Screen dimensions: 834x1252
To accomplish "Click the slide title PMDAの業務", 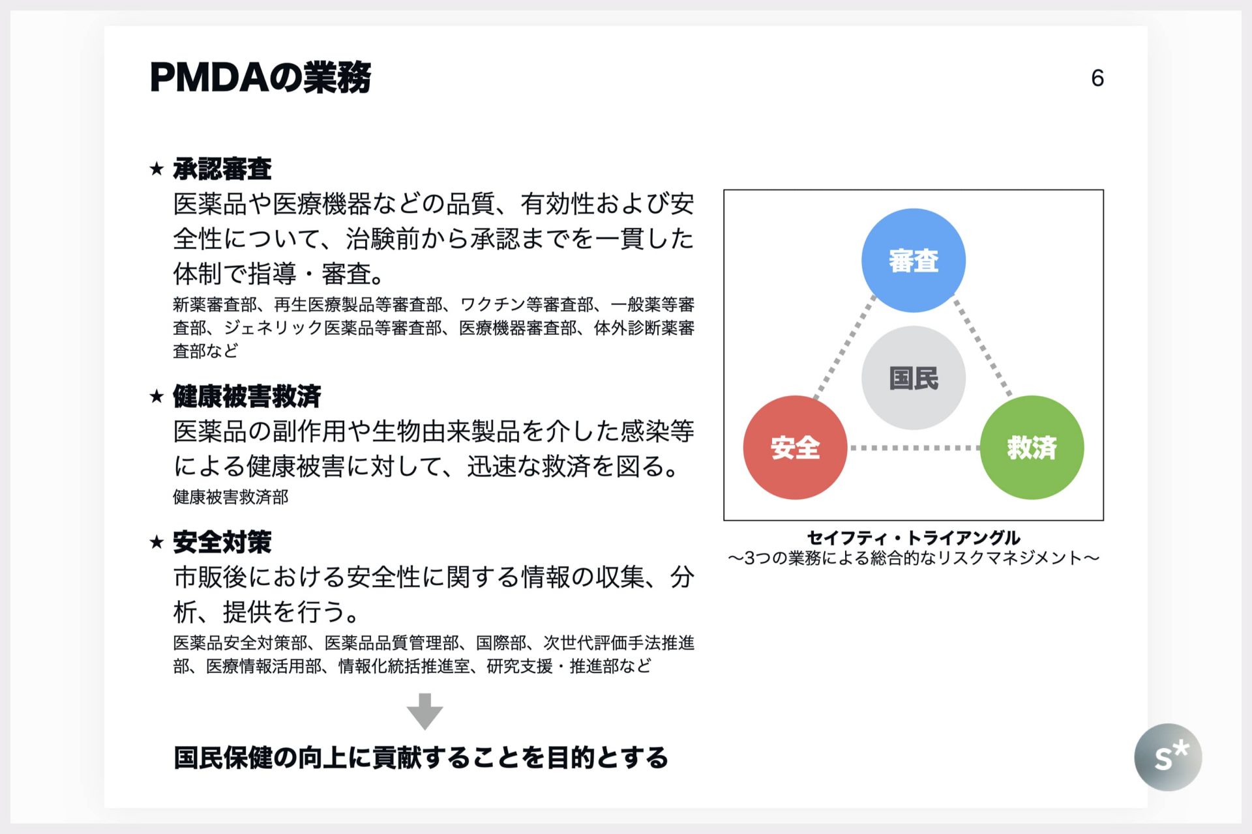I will pos(260,78).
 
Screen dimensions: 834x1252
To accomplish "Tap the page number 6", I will pos(1097,78).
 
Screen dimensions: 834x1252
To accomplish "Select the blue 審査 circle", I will pos(913,260).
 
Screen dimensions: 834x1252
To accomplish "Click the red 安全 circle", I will pos(795,448).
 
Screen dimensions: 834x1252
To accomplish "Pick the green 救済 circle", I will pos(1032,448).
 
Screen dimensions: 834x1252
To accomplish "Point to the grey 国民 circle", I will pos(913,378).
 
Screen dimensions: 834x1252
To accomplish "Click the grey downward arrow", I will pos(425,711).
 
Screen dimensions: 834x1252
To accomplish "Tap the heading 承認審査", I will pos(222,169).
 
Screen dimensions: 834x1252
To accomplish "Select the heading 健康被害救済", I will pos(246,396).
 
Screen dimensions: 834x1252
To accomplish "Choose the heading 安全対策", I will pos(222,542).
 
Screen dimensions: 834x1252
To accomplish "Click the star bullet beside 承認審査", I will pos(156,169).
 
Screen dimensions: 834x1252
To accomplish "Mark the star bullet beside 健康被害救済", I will pos(156,396).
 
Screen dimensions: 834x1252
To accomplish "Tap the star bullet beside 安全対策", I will pos(156,542).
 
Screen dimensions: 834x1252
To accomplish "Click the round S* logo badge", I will pos(1168,757).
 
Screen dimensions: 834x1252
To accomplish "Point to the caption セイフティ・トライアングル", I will pos(913,538).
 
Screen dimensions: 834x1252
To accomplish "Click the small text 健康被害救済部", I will pos(230,497).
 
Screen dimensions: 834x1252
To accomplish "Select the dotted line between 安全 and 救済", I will pos(914,448).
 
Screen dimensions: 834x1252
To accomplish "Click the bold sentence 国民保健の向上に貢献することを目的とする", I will pos(421,758).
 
